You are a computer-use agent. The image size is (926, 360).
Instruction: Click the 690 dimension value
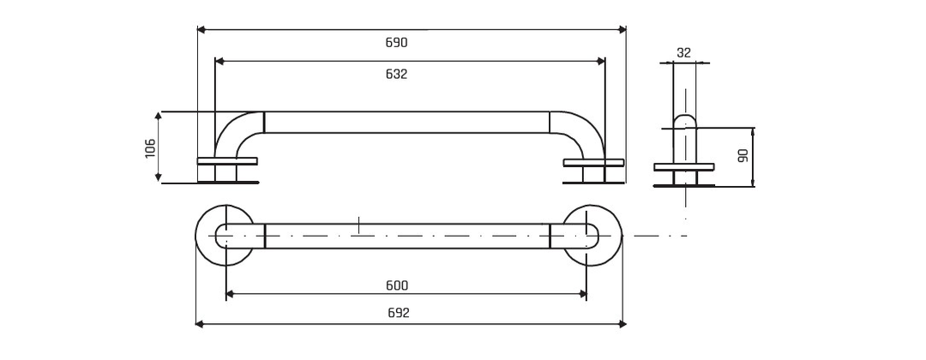pyautogui.click(x=396, y=43)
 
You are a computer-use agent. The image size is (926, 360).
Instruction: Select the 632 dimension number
pyautogui.click(x=396, y=75)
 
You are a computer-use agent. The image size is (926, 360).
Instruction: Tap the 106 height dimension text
pyautogui.click(x=150, y=147)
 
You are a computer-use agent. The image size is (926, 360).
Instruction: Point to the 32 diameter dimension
pyautogui.click(x=684, y=52)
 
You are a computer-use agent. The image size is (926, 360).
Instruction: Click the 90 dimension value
pyautogui.click(x=743, y=155)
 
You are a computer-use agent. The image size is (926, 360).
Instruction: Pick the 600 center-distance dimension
pyautogui.click(x=398, y=285)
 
